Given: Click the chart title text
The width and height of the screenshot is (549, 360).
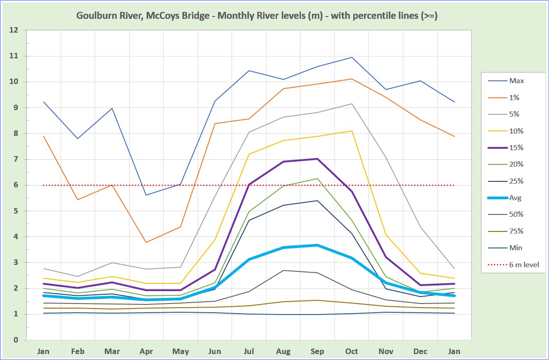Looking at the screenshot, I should (x=257, y=16).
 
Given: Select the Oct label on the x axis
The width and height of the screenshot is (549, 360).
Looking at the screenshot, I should (x=351, y=352).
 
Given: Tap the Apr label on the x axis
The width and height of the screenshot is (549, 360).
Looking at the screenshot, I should (x=147, y=352).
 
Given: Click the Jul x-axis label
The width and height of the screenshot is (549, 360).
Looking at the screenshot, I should (x=249, y=352).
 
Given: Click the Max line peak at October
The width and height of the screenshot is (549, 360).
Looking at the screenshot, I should (x=351, y=57).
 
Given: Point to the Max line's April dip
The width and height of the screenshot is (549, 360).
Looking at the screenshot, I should (x=147, y=195).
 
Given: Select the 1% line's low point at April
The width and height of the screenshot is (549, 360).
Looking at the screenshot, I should (x=147, y=242).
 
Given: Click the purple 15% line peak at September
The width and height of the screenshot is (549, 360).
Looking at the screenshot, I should (x=317, y=159).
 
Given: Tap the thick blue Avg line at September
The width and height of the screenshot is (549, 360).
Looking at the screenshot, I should (x=317, y=245).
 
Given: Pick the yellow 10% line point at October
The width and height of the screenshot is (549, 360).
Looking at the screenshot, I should (x=351, y=131).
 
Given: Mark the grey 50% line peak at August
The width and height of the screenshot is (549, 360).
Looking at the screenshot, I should (x=283, y=270).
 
